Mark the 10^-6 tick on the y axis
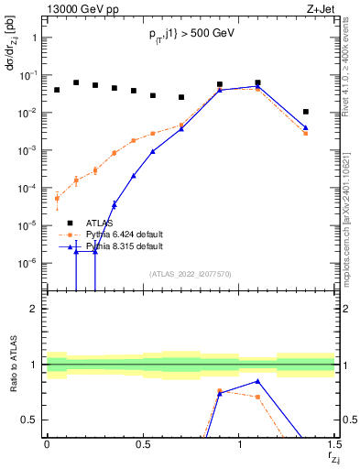click(27, 263)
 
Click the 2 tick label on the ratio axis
click(34, 309)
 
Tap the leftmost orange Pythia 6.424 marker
click(57, 198)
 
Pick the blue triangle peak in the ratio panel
click(258, 381)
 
